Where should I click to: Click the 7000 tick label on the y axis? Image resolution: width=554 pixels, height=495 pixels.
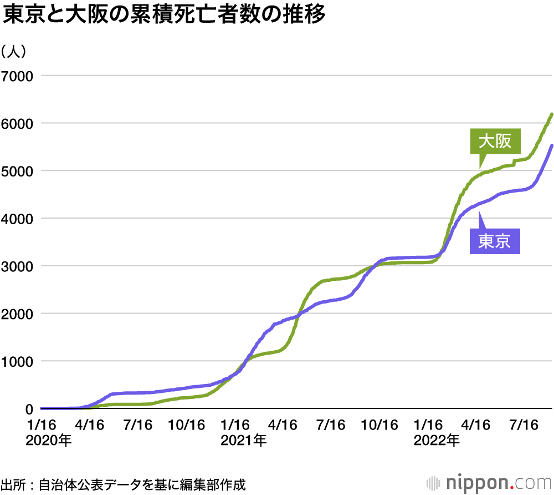(x=17, y=75)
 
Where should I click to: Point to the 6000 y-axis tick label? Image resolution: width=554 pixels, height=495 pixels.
(x=17, y=123)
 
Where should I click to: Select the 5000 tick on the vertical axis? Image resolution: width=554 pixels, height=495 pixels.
(x=17, y=170)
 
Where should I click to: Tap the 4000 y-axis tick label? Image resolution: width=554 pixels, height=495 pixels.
(x=17, y=218)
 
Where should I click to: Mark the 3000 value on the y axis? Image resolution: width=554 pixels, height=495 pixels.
(x=17, y=266)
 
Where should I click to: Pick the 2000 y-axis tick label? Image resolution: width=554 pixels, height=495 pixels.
(x=17, y=314)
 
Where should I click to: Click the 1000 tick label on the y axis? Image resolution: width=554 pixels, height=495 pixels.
(x=17, y=361)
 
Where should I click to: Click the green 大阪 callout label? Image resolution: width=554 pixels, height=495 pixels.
(x=495, y=142)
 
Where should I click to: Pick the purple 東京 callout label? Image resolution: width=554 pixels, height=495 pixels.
(x=495, y=241)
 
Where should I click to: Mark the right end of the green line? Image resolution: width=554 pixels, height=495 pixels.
(x=552, y=114)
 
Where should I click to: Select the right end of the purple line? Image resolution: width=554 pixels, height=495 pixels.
(x=552, y=145)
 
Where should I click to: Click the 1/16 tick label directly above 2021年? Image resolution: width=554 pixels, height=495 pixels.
(x=235, y=425)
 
